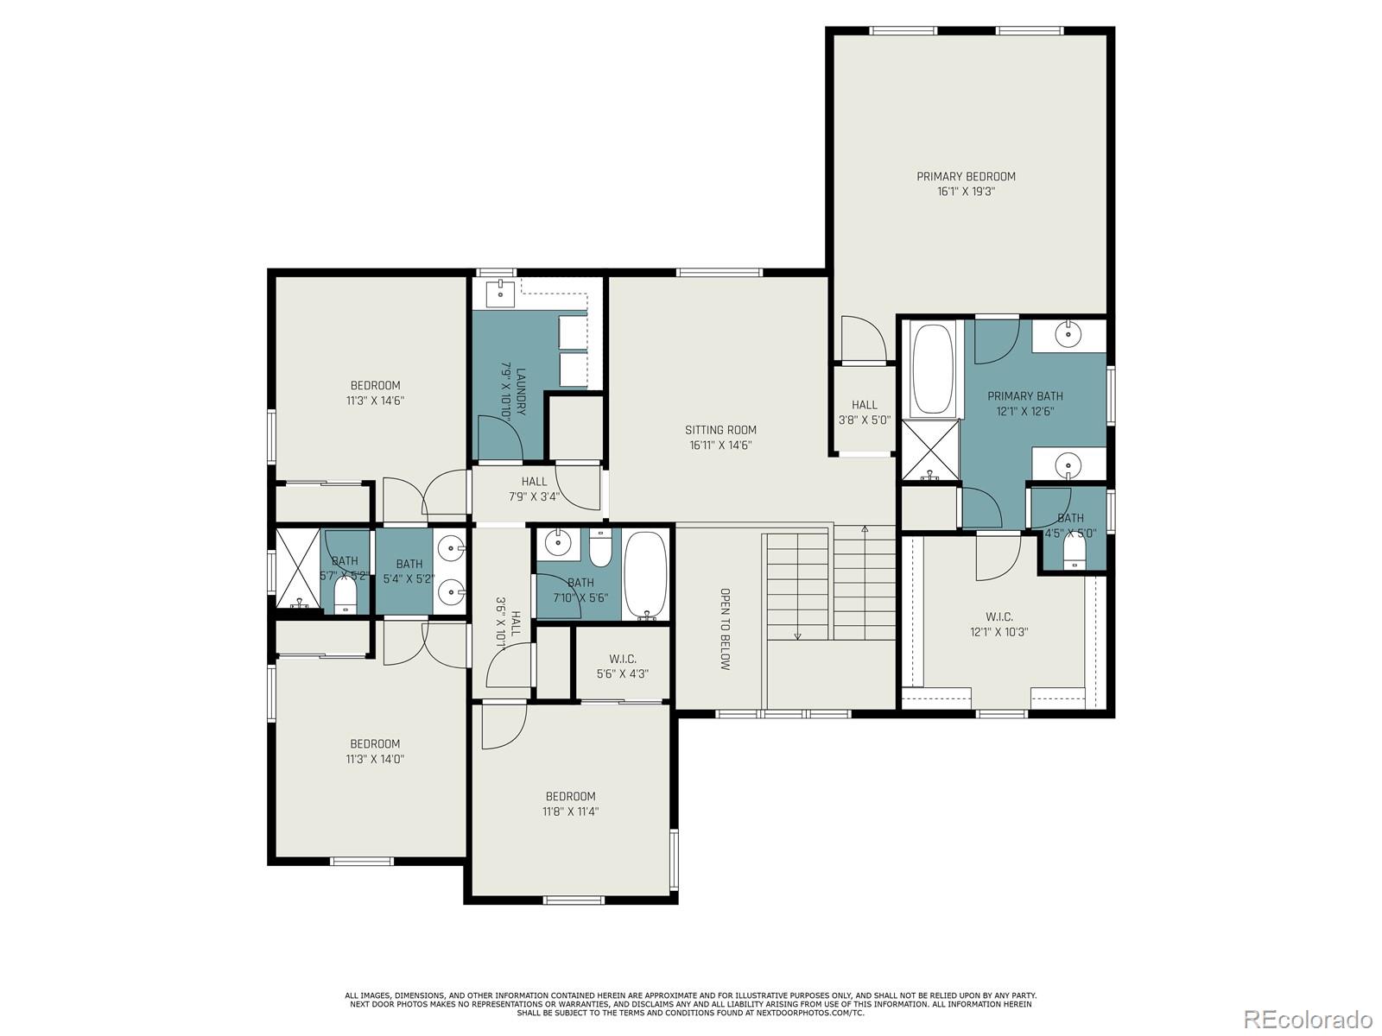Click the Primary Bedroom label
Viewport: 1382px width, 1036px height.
(965, 184)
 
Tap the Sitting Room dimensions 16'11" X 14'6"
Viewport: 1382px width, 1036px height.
(720, 445)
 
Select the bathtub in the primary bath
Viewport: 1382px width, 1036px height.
(933, 370)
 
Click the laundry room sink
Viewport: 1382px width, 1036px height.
(500, 294)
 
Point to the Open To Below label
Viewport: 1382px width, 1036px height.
(725, 629)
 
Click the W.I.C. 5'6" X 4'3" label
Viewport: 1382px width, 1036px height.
(622, 666)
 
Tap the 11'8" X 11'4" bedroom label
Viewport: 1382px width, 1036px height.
(570, 804)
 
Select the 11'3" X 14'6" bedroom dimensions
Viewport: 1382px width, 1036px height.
(375, 401)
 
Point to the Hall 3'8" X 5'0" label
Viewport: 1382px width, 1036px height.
(865, 413)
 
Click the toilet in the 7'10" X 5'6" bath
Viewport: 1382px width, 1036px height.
(600, 547)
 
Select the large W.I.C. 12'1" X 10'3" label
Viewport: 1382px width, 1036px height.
(999, 624)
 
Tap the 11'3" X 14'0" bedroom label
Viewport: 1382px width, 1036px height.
(375, 751)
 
